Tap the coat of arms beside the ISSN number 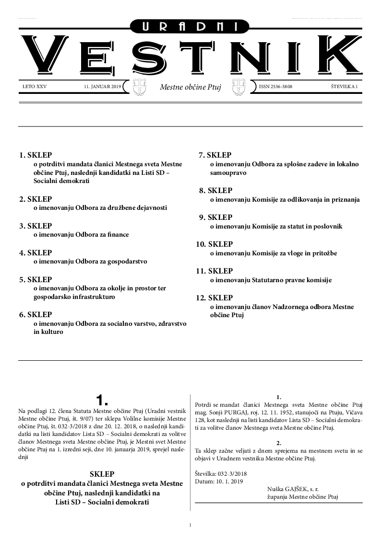pyautogui.click(x=238, y=87)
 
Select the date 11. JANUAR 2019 pyautogui.click(x=102, y=87)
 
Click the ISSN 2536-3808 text pyautogui.click(x=275, y=87)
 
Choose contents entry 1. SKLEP pyautogui.click(x=36, y=155)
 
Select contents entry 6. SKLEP pyautogui.click(x=36, y=315)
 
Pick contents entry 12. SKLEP pyautogui.click(x=214, y=298)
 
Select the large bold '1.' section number pyautogui.click(x=103, y=400)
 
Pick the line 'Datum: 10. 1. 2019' pyautogui.click(x=219, y=481)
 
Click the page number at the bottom pyautogui.click(x=190, y=526)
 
